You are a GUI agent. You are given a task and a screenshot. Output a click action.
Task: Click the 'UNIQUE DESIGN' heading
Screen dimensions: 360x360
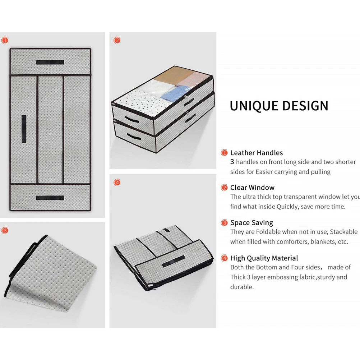pyautogui.click(x=279, y=106)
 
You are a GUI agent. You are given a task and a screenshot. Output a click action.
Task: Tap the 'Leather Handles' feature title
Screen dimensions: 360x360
pyautogui.click(x=257, y=153)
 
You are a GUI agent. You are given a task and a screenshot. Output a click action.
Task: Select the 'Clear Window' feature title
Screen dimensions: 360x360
pyautogui.click(x=252, y=188)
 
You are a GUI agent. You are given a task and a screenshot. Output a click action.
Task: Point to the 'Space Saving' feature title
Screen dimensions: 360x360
pyautogui.click(x=251, y=223)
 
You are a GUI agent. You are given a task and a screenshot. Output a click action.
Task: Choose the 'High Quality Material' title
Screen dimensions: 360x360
pyautogui.click(x=264, y=258)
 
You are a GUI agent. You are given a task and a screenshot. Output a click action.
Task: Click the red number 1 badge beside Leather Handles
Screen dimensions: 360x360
pyautogui.click(x=225, y=153)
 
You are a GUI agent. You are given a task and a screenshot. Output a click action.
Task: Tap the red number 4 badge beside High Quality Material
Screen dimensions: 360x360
pyautogui.click(x=225, y=258)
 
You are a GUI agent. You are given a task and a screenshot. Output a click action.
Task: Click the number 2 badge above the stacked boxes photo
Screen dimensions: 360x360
pyautogui.click(x=117, y=40)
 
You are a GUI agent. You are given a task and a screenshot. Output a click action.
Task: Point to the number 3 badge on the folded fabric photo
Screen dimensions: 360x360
pyautogui.click(x=5, y=230)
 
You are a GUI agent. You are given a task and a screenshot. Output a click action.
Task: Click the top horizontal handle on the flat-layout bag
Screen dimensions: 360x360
pyautogui.click(x=50, y=62)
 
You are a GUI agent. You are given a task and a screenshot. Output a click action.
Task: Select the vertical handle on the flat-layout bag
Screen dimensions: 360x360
pyautogui.click(x=24, y=129)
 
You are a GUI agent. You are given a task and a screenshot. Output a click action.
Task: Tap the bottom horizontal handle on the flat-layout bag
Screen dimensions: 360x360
pyautogui.click(x=50, y=198)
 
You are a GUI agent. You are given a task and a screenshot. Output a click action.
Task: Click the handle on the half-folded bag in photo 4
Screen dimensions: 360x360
pyautogui.click(x=173, y=264)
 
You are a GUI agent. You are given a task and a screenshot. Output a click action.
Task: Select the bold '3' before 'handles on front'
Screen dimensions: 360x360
pyautogui.click(x=232, y=162)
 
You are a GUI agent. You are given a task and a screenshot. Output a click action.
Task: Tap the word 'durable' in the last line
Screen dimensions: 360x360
pyautogui.click(x=242, y=287)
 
